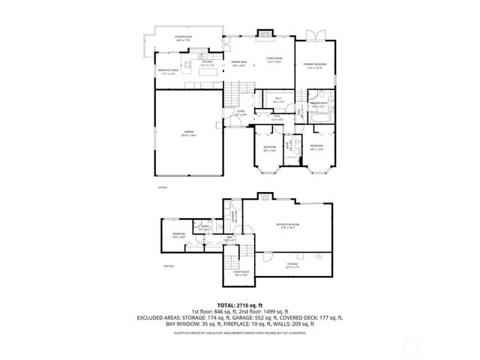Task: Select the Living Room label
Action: click(x=274, y=61)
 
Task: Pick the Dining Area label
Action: click(x=239, y=64)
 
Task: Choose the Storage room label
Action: click(x=291, y=265)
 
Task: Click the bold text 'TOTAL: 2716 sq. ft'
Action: click(x=240, y=304)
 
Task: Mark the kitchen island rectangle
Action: click(x=203, y=73)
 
